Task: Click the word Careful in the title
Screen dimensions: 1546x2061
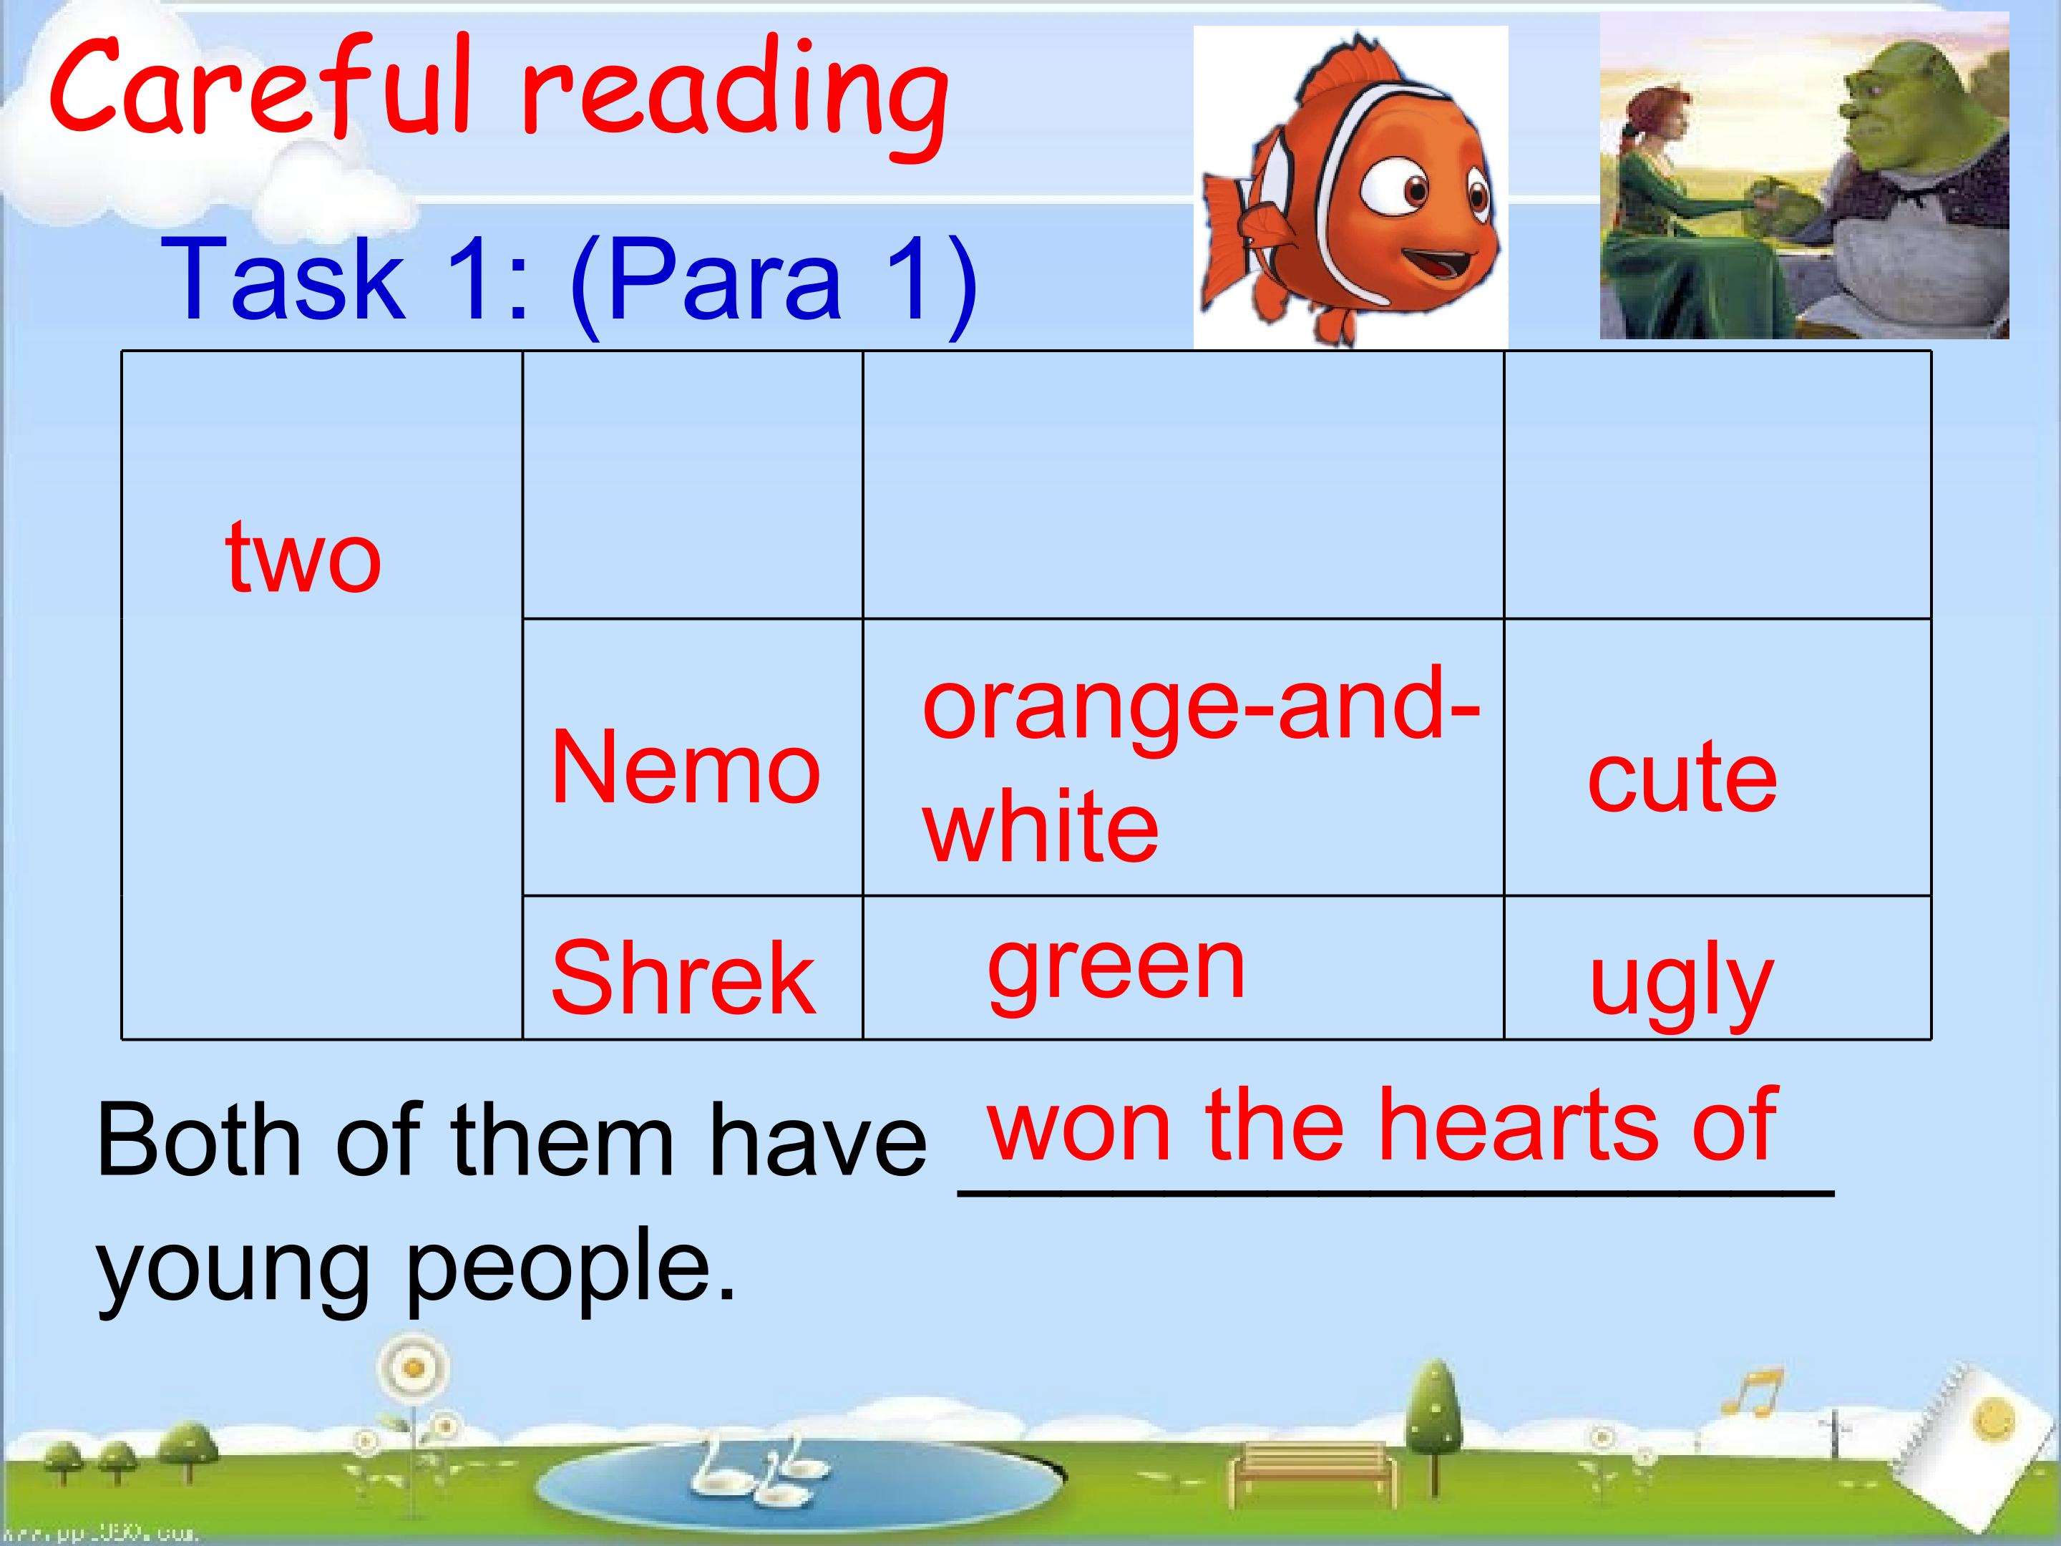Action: tap(261, 93)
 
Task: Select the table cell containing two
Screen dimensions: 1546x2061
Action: tap(303, 559)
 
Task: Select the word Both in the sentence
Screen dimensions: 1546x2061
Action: tap(200, 1141)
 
